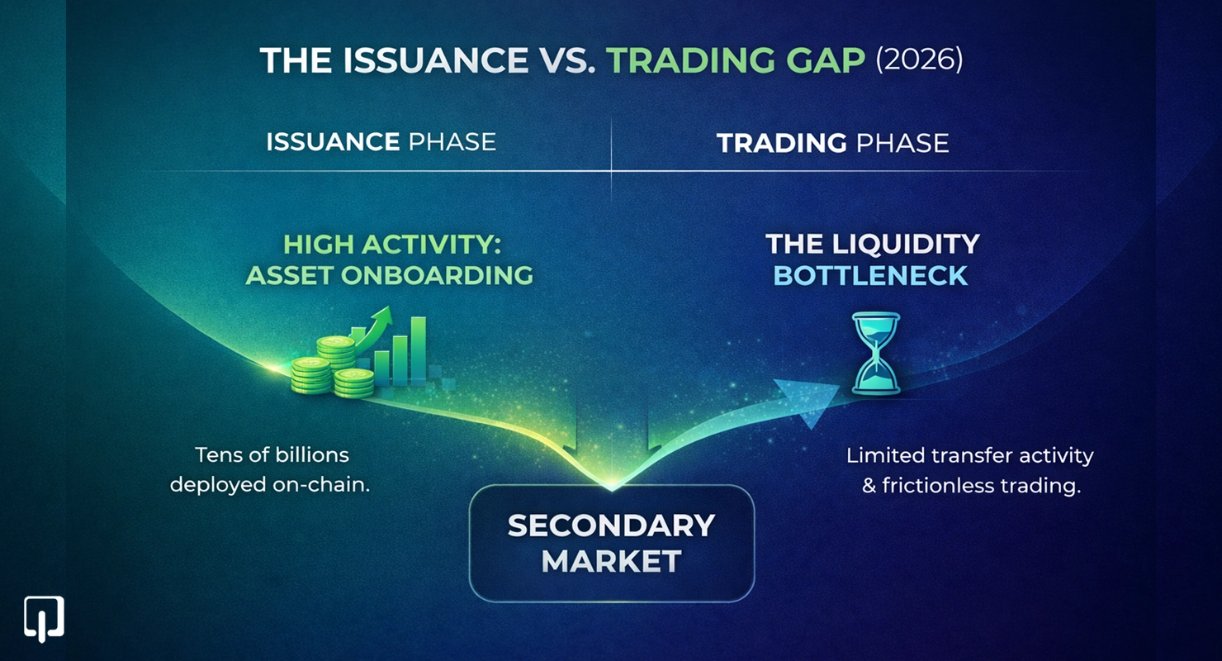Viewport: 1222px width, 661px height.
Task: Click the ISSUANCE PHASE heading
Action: tap(381, 142)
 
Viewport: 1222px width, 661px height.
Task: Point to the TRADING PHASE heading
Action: tap(832, 143)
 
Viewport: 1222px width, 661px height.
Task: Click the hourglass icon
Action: tap(876, 353)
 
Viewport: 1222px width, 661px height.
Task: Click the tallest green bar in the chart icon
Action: tap(418, 350)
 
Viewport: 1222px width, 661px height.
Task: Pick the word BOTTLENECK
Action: tap(871, 275)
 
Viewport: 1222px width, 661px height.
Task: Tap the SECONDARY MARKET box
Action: tap(611, 543)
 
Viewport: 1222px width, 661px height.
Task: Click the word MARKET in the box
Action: tap(611, 562)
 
